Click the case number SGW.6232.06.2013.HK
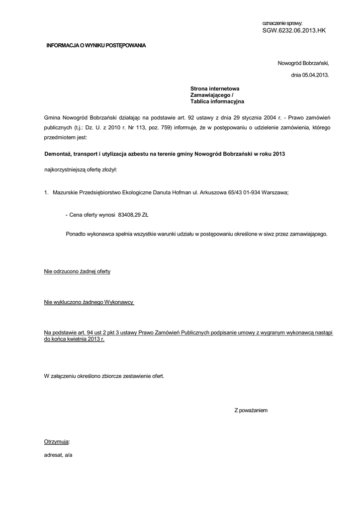[x=294, y=30]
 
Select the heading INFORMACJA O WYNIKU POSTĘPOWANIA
[x=96, y=46]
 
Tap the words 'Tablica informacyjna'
[x=217, y=101]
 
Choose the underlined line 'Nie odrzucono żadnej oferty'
[x=77, y=271]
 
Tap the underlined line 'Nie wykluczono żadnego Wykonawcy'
[x=90, y=302]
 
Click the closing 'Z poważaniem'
[x=251, y=410]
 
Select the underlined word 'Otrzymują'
[x=57, y=441]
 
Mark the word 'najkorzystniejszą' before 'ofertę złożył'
[x=65, y=170]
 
